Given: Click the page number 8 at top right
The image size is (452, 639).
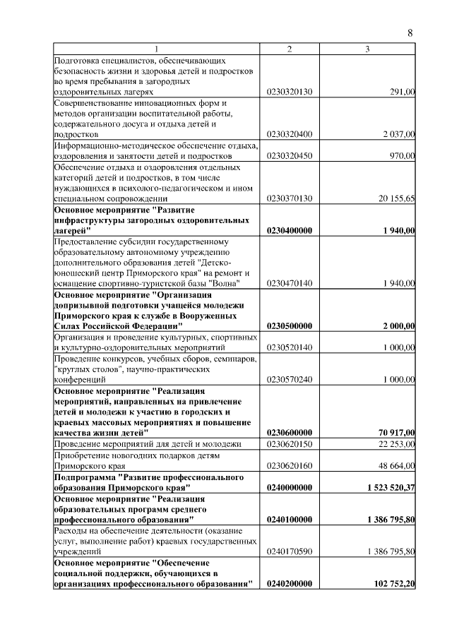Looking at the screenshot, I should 410,32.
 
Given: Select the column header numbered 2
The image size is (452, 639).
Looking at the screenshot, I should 289,49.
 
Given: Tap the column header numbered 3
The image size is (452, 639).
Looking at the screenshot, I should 367,49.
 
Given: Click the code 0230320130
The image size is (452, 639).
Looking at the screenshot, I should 289,92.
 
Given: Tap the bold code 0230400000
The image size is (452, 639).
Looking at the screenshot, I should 290,230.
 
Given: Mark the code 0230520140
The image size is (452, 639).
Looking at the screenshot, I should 289,347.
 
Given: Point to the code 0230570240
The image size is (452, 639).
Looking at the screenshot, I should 289,379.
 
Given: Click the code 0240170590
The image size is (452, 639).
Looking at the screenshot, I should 289,551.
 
